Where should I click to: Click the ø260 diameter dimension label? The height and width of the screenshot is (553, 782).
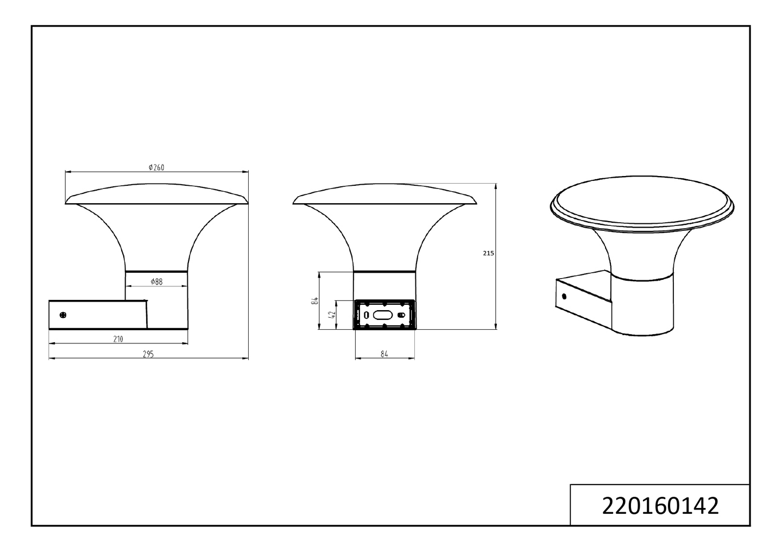pos(156,167)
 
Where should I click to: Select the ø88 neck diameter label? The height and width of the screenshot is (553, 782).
pos(156,281)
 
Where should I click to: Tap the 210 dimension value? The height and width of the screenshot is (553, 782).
pos(118,339)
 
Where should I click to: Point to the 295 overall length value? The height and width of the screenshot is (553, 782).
pos(148,354)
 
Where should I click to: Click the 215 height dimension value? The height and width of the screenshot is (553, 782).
pos(488,253)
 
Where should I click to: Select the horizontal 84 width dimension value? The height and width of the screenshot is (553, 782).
pos(384,354)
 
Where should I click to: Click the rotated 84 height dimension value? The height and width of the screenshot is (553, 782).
pos(314,301)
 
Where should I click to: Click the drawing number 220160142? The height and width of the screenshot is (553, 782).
pos(660,506)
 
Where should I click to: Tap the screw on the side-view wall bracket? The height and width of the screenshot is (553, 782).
pos(64,315)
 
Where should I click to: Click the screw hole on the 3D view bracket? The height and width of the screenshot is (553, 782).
pos(564,297)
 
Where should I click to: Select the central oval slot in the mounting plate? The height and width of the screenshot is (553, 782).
pos(383,315)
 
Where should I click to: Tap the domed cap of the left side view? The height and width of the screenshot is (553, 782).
pos(156,193)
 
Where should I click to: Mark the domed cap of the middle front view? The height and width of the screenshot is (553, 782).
pos(384,194)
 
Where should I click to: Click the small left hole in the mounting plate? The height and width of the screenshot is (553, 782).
pos(366,315)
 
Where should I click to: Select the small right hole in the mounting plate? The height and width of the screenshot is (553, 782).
pos(401,315)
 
